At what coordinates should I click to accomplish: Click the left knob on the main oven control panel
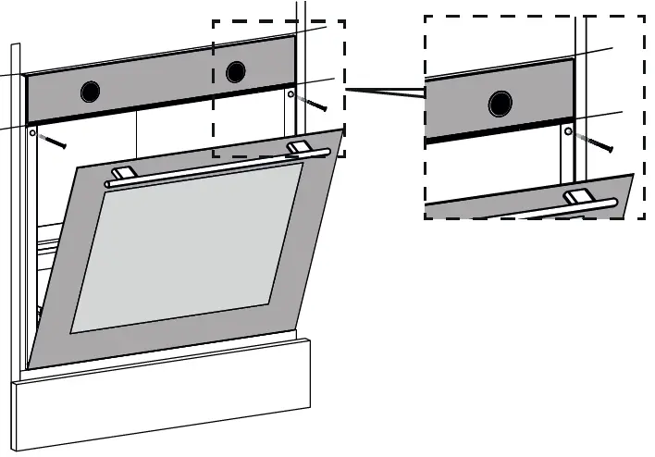click(90, 91)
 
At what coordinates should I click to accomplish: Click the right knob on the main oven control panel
click(236, 71)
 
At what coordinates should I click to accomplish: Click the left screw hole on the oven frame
click(33, 133)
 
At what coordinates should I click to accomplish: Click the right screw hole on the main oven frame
click(290, 93)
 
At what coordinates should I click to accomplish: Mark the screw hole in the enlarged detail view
click(568, 131)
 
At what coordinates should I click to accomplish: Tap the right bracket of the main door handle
click(300, 147)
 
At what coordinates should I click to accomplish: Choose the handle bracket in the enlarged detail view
click(581, 196)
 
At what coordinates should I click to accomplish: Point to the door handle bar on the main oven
click(213, 167)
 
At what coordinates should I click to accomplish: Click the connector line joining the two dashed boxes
click(384, 91)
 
